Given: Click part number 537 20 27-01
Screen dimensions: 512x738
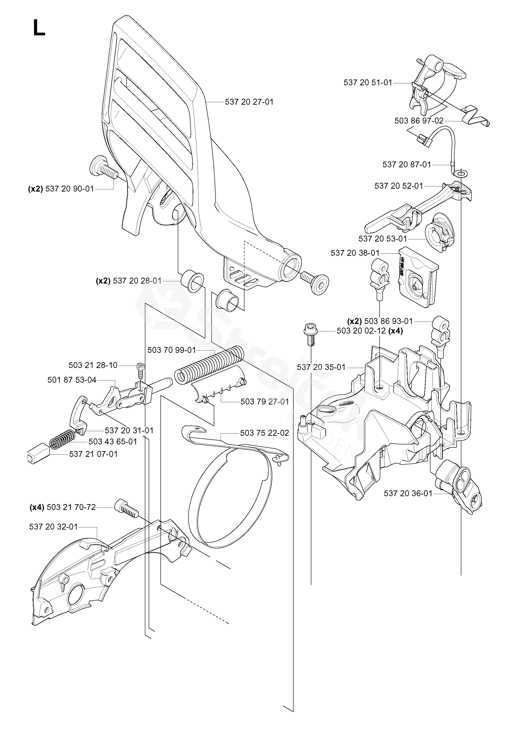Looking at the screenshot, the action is (x=249, y=102).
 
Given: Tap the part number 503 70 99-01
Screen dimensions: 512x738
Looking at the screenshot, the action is (x=172, y=350).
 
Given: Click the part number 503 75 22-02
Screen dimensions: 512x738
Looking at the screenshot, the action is (x=265, y=433).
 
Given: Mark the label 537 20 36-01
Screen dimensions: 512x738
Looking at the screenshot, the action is (x=408, y=493).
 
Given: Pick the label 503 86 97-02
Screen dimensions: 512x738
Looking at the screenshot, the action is (x=419, y=121).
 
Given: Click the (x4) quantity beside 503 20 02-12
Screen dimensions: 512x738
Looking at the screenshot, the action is (x=396, y=331).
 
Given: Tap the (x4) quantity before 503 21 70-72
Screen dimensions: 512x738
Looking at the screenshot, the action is (x=37, y=507).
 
